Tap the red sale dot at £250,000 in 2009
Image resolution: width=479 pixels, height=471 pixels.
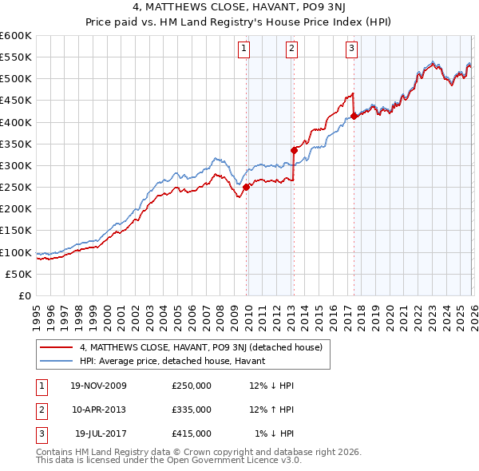click(x=246, y=187)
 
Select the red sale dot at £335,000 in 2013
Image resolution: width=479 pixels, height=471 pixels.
click(x=294, y=150)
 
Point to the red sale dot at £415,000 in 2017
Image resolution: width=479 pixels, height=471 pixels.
click(x=354, y=116)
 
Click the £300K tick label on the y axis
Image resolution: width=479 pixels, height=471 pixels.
click(x=15, y=165)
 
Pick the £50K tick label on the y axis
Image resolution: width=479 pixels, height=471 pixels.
click(x=18, y=274)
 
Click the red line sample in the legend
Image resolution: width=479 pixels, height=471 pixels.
click(x=57, y=347)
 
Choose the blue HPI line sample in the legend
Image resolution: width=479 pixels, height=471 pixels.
click(x=57, y=361)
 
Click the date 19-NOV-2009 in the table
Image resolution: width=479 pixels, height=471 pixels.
click(x=99, y=386)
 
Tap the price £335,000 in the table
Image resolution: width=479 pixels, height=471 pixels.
click(x=192, y=410)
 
